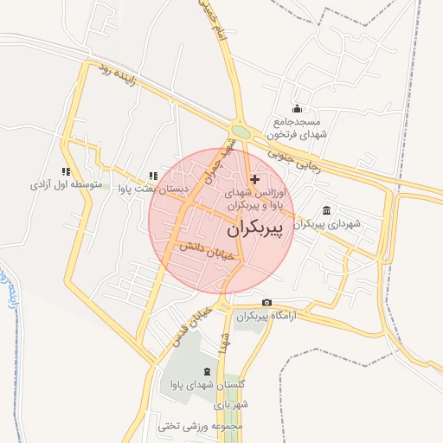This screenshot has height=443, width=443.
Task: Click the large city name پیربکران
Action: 259,231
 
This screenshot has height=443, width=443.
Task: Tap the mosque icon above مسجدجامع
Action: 297,109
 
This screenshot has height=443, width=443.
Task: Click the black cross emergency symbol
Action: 254,178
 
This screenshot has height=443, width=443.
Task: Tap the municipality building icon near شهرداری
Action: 326,209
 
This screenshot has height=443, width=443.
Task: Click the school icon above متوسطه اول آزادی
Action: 66,171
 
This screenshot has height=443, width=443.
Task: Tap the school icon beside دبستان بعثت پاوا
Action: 153,176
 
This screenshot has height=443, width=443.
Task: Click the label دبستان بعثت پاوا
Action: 153,189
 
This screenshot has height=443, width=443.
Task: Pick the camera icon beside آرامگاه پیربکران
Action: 266,302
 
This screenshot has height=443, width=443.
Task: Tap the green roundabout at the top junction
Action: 241,132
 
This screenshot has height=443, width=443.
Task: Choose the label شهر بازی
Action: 234,405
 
